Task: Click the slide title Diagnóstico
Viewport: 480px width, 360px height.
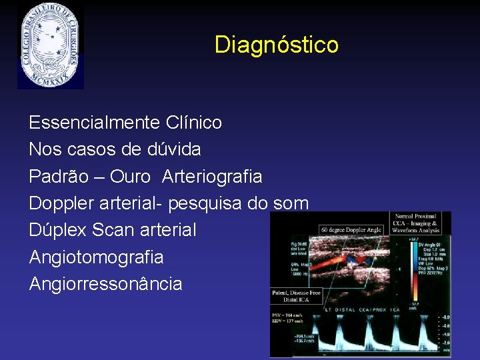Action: click(x=276, y=45)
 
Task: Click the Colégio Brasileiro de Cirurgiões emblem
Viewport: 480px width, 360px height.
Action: click(x=51, y=45)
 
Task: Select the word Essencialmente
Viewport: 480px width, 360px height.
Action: click(x=94, y=123)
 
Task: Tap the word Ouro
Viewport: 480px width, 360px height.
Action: click(x=130, y=177)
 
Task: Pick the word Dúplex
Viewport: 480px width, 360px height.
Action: click(x=58, y=231)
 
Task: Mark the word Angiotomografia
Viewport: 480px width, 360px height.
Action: click(x=96, y=257)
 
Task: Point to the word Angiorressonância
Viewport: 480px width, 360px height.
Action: click(x=105, y=284)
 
